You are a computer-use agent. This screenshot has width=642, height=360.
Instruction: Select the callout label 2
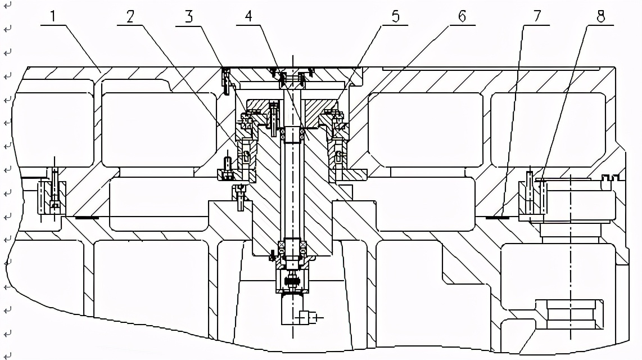point(130,16)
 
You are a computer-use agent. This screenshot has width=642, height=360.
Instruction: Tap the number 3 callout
point(189,16)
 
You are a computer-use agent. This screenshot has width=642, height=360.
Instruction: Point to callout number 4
point(248,16)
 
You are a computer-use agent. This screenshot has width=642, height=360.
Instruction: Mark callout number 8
point(600,16)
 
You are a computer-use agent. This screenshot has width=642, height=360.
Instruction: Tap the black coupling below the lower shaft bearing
point(292,281)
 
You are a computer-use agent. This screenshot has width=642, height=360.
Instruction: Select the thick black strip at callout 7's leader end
point(498,216)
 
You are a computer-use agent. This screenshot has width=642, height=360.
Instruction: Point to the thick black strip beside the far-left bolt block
point(87,216)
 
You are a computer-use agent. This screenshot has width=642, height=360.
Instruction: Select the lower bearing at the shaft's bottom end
point(292,247)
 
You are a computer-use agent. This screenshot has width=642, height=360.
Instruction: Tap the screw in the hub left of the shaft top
point(273,115)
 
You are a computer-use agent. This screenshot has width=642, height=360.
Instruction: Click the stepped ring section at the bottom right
point(571,315)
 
